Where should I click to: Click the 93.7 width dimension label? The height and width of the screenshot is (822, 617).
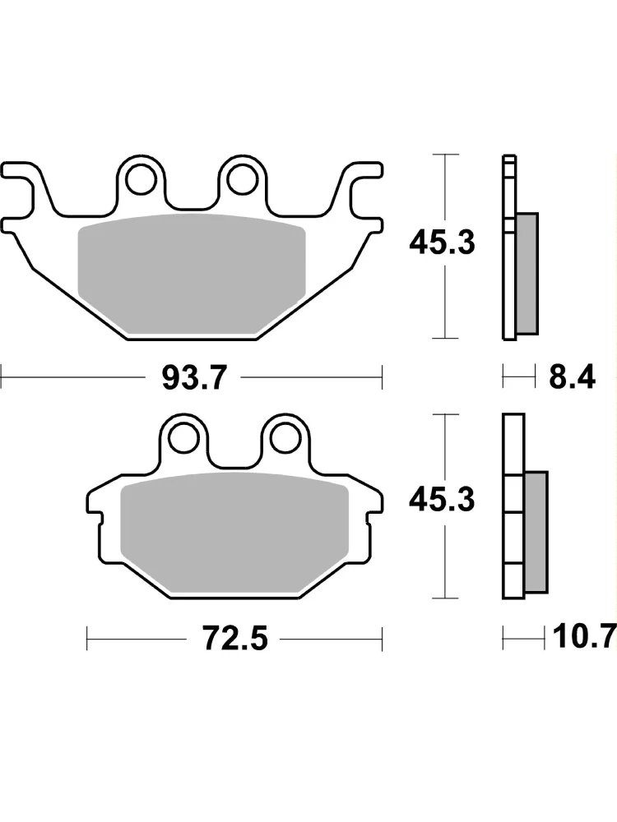195,377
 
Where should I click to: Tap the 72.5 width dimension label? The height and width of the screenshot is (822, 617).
235,638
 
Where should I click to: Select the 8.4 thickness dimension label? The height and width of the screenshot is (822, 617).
572,377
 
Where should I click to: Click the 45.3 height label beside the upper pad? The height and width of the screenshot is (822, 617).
442,243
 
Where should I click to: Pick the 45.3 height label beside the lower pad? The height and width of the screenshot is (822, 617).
442,500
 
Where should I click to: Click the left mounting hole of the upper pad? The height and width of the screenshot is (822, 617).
141,179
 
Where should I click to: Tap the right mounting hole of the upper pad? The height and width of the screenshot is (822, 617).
244,179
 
